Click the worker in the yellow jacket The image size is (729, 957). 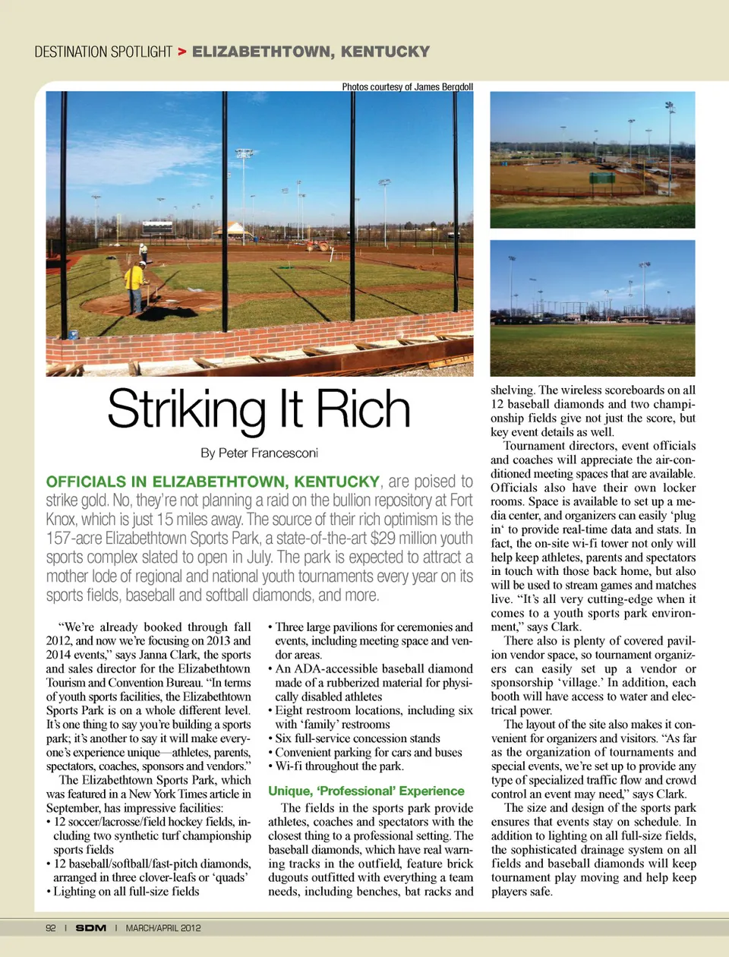pos(136,286)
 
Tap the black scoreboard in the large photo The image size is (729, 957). pos(158,227)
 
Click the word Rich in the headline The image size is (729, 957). pos(363,409)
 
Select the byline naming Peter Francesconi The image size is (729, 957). pos(259,453)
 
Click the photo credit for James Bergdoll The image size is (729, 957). pos(407,87)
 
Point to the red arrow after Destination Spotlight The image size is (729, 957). pos(182,52)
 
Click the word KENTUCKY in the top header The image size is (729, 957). pos(385,52)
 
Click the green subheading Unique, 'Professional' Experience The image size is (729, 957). pos(366,791)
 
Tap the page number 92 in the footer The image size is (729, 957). pos(51,928)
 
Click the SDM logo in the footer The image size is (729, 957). pos(90,928)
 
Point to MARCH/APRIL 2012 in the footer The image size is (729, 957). pos(163,928)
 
